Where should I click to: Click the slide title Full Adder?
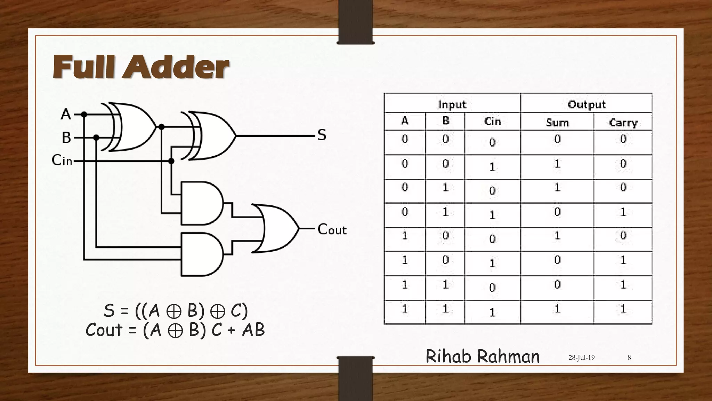[140, 67]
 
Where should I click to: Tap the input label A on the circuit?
[66, 114]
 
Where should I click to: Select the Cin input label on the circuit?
[62, 160]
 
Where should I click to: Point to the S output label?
[322, 135]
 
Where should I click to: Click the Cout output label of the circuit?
[332, 229]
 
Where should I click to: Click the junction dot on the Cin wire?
[171, 161]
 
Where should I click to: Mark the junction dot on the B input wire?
[96, 138]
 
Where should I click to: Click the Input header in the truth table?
[452, 104]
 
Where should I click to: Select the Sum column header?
[557, 123]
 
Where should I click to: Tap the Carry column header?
[623, 123]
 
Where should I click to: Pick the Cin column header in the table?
[493, 121]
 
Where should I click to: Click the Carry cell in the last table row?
[623, 309]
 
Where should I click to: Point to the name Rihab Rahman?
[483, 356]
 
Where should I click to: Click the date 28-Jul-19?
[581, 357]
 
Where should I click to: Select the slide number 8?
[629, 357]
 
